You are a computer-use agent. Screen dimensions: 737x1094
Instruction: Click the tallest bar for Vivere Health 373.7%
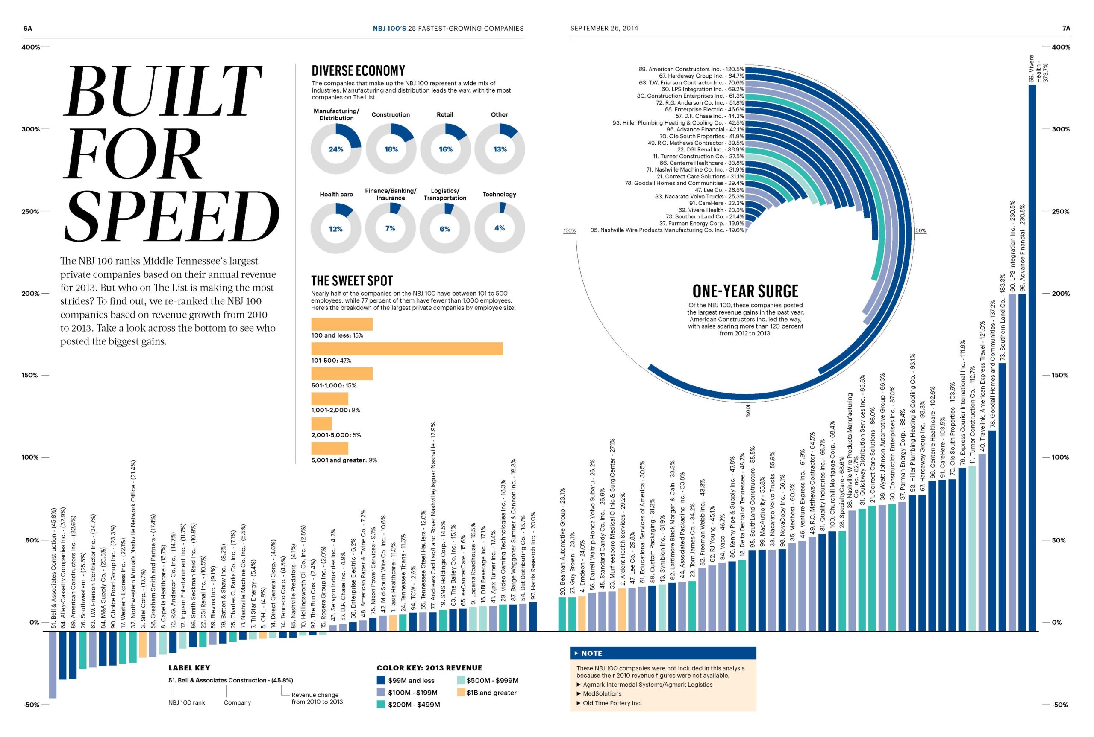[1032, 357]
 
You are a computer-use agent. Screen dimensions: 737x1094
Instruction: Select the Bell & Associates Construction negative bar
[53, 664]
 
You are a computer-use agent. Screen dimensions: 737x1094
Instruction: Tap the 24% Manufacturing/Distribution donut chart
[336, 149]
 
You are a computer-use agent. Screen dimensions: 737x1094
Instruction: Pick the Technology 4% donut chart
[500, 228]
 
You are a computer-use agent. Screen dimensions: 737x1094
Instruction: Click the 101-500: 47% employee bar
[407, 349]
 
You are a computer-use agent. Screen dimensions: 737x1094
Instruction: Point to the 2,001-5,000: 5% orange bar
[321, 423]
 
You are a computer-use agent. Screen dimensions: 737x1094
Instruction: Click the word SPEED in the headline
[172, 217]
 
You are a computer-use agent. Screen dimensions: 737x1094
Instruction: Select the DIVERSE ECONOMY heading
[358, 71]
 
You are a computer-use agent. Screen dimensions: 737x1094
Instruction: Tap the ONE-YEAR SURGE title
[745, 291]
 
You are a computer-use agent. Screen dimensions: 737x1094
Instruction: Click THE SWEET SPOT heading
[352, 281]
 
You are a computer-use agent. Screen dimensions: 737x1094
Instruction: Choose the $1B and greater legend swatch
[461, 692]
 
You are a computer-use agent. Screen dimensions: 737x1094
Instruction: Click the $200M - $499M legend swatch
[381, 705]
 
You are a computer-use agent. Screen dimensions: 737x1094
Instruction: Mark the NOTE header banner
[662, 653]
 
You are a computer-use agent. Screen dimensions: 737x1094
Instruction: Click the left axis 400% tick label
[31, 47]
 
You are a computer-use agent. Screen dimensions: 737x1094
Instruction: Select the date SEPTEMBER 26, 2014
[604, 28]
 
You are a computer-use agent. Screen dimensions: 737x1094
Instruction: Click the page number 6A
[28, 28]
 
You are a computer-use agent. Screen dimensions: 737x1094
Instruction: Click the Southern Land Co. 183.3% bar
[1002, 496]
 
